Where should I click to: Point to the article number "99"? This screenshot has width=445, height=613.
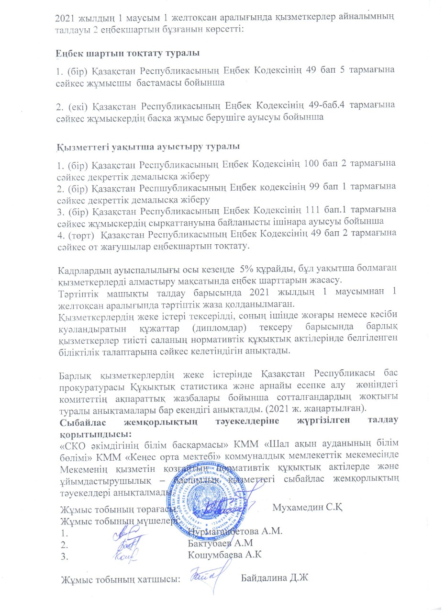[x=317, y=186]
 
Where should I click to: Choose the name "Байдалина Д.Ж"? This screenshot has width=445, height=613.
[x=274, y=579]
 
